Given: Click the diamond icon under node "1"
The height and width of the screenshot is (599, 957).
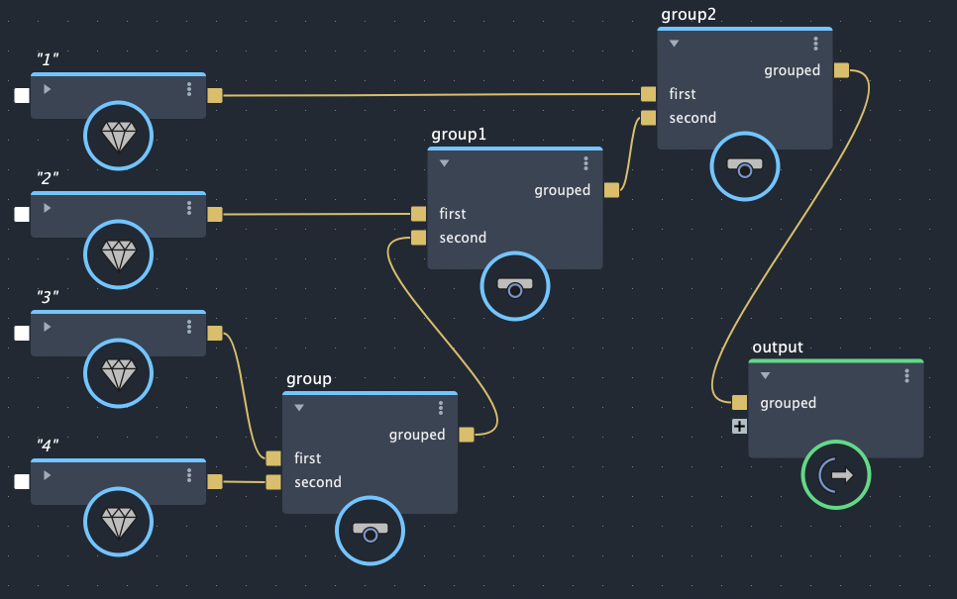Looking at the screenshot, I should (119, 137).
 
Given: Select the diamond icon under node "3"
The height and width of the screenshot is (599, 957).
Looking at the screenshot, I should (119, 374).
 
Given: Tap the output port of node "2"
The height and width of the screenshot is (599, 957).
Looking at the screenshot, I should (215, 214).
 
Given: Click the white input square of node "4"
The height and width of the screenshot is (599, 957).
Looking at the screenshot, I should (22, 482).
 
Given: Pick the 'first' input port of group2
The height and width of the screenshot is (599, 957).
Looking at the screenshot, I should (648, 94).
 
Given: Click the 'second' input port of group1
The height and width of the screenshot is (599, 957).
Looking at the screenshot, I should (418, 238).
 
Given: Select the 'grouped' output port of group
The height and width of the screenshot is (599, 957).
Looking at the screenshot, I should (467, 435).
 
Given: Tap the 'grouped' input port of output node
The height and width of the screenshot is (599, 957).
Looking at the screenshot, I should (739, 402).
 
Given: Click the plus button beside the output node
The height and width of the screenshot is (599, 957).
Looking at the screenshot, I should (739, 427).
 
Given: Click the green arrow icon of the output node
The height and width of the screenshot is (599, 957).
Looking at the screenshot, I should (836, 475).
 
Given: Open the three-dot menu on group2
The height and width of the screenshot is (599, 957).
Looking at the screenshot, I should (815, 44).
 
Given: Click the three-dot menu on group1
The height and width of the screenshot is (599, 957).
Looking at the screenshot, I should (585, 163).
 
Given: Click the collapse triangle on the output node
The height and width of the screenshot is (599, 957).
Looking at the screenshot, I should (765, 376).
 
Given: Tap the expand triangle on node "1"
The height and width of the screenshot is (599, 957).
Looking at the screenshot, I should (48, 89).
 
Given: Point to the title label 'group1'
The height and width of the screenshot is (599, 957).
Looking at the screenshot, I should (459, 134).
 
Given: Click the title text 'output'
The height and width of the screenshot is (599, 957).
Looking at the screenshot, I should (778, 348).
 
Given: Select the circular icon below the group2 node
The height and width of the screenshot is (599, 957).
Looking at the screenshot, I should (745, 165).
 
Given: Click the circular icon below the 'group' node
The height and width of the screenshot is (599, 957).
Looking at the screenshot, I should (371, 531).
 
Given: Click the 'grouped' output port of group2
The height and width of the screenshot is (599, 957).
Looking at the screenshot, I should (841, 70).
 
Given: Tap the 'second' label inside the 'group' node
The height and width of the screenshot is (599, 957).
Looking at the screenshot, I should (317, 482).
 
